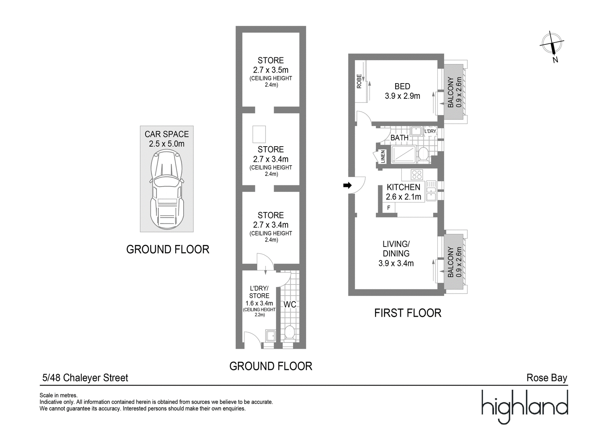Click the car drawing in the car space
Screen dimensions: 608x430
click(167, 190)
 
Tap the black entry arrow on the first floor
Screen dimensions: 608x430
click(347, 186)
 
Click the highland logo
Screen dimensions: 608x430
click(525, 407)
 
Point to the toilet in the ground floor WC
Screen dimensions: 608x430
click(289, 333)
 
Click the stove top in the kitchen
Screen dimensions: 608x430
click(416, 175)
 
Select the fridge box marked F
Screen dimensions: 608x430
click(389, 208)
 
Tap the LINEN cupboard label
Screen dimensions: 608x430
click(383, 157)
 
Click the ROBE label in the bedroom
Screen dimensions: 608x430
click(359, 81)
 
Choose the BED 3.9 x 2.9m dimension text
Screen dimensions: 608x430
click(402, 96)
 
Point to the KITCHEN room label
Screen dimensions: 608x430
click(403, 187)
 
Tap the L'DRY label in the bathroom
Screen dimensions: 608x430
click(430, 131)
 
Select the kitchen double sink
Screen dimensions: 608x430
click(431, 191)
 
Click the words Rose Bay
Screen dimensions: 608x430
click(547, 378)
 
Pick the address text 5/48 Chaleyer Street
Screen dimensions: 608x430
click(85, 378)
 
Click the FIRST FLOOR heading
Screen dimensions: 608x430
click(408, 313)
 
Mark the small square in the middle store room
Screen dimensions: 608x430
click(259, 134)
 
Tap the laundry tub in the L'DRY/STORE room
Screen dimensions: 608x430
click(271, 336)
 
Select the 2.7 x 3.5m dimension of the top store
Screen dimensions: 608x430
click(271, 70)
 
